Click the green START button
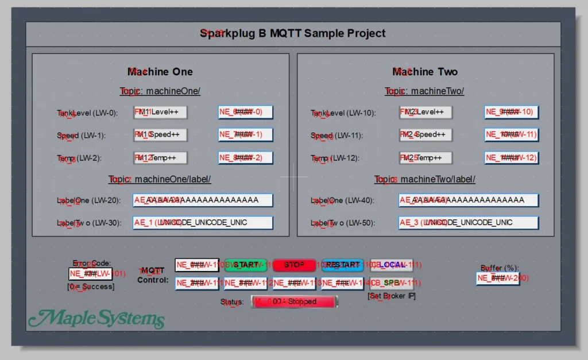[x=246, y=265]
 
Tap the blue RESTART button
[x=343, y=265]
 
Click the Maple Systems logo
[x=96, y=318]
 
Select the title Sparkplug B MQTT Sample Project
[x=293, y=33]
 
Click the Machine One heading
[x=160, y=72]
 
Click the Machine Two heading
[x=425, y=72]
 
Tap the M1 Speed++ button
[x=161, y=135]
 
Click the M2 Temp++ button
[x=425, y=157]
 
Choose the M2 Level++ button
[x=425, y=112]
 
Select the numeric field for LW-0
[x=245, y=112]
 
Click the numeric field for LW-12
[x=511, y=157]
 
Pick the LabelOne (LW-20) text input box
[x=203, y=200]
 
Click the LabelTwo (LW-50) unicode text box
[x=468, y=222]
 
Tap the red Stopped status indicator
[x=295, y=301]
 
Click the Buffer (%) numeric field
[x=498, y=278]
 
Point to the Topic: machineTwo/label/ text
[x=425, y=179]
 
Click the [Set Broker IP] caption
[x=392, y=296]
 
